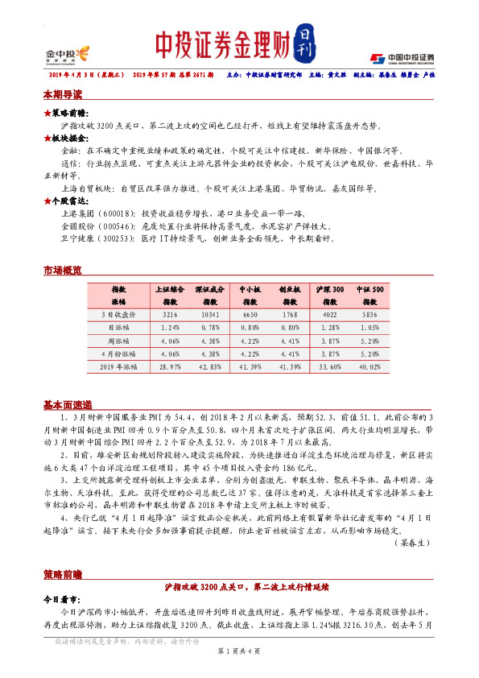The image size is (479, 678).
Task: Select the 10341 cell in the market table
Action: coord(210,315)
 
